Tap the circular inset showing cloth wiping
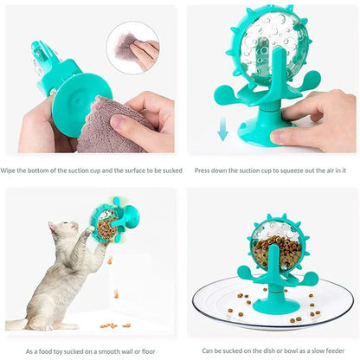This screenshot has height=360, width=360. pyautogui.click(x=132, y=47)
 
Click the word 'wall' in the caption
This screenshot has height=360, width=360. pyautogui.click(x=127, y=352)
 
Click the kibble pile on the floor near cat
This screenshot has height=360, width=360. pyautogui.click(x=109, y=325)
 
